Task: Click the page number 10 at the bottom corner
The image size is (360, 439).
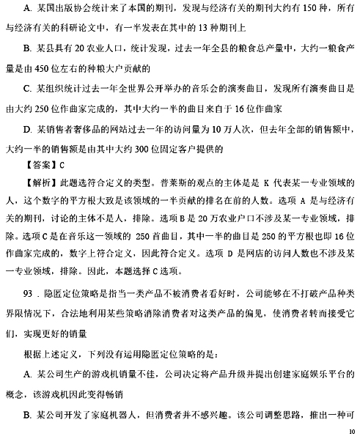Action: coord(350,431)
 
